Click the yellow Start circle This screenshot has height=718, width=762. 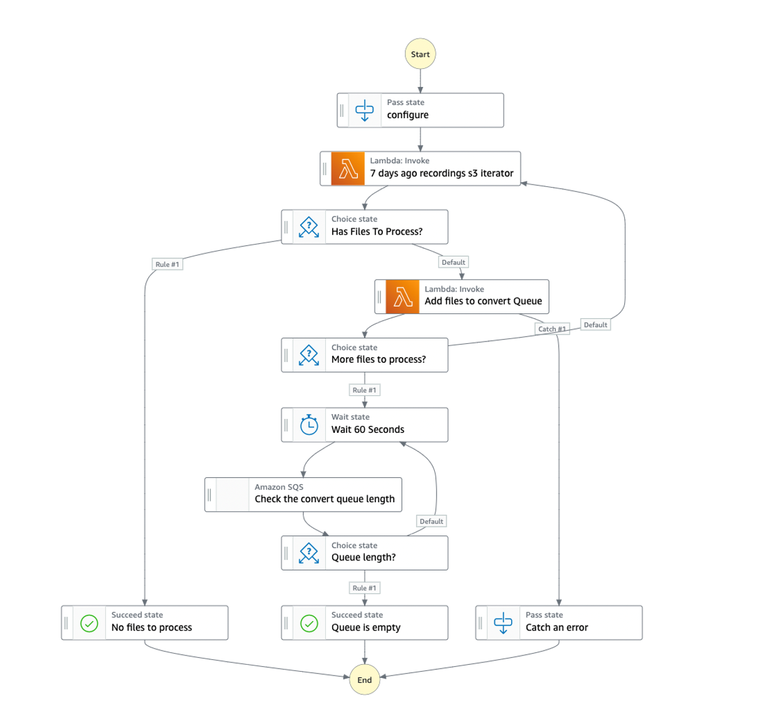pyautogui.click(x=420, y=54)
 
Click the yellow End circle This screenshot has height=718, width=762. pyautogui.click(x=364, y=680)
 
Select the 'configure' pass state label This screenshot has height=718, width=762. pyautogui.click(x=407, y=115)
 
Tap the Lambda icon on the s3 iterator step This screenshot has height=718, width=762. pyautogui.click(x=348, y=169)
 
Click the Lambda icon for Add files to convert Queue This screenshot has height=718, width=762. pyautogui.click(x=402, y=296)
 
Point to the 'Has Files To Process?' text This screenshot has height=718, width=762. pyautogui.click(x=377, y=231)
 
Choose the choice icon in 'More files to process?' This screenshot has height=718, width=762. pyautogui.click(x=308, y=355)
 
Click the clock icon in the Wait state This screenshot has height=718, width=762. pyautogui.click(x=309, y=425)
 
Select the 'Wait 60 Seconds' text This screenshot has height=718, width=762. pyautogui.click(x=367, y=430)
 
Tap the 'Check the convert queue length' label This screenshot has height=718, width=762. pyautogui.click(x=324, y=499)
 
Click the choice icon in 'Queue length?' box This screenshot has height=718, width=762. pyautogui.click(x=308, y=553)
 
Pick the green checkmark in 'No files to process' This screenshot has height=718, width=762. pyautogui.click(x=89, y=623)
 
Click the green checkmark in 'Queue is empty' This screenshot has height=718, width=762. pyautogui.click(x=309, y=623)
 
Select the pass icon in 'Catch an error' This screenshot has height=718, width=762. pyautogui.click(x=503, y=623)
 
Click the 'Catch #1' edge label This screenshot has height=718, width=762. pyautogui.click(x=552, y=329)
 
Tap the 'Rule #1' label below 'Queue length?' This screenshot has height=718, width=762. pyautogui.click(x=364, y=588)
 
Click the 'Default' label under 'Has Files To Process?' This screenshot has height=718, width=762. pyautogui.click(x=453, y=263)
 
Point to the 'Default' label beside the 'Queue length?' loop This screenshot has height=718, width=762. pyautogui.click(x=431, y=521)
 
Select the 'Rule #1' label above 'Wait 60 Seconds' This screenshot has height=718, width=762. pyautogui.click(x=364, y=390)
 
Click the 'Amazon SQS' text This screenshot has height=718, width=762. pyautogui.click(x=278, y=487)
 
